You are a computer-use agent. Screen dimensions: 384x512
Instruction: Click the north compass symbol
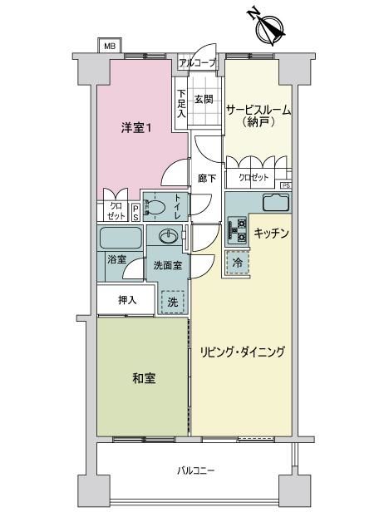pos(269,27)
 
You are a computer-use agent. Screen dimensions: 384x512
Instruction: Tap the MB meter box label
pos(110,46)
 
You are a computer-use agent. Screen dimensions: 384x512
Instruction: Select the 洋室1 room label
pos(136,128)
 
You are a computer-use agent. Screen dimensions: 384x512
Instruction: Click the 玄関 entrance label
pos(204,99)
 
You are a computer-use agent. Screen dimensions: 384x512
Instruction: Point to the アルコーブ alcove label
pos(198,62)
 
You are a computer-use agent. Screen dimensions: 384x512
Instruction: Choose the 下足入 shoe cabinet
pos(181,104)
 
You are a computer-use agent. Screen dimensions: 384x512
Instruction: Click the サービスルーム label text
pos(258,110)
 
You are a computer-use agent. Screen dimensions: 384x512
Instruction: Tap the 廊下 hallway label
pos(207,178)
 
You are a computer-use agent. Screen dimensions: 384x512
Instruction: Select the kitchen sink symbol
pos(276,203)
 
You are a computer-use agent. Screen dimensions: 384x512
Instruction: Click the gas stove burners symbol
pos(237,229)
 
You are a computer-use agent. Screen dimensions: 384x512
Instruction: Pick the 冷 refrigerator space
pos(238,263)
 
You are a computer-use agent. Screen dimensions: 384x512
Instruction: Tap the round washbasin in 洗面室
pos(169,235)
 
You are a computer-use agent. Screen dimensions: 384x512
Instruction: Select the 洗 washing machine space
pos(172,302)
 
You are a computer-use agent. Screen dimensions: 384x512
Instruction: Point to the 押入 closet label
pos(127,300)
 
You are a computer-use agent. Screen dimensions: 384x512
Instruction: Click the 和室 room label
pos(144,378)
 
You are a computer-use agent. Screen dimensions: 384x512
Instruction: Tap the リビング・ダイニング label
pos(243,352)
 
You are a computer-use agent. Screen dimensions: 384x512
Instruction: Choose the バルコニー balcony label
pos(195,470)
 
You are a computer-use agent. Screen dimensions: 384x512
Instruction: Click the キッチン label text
pos(271,233)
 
